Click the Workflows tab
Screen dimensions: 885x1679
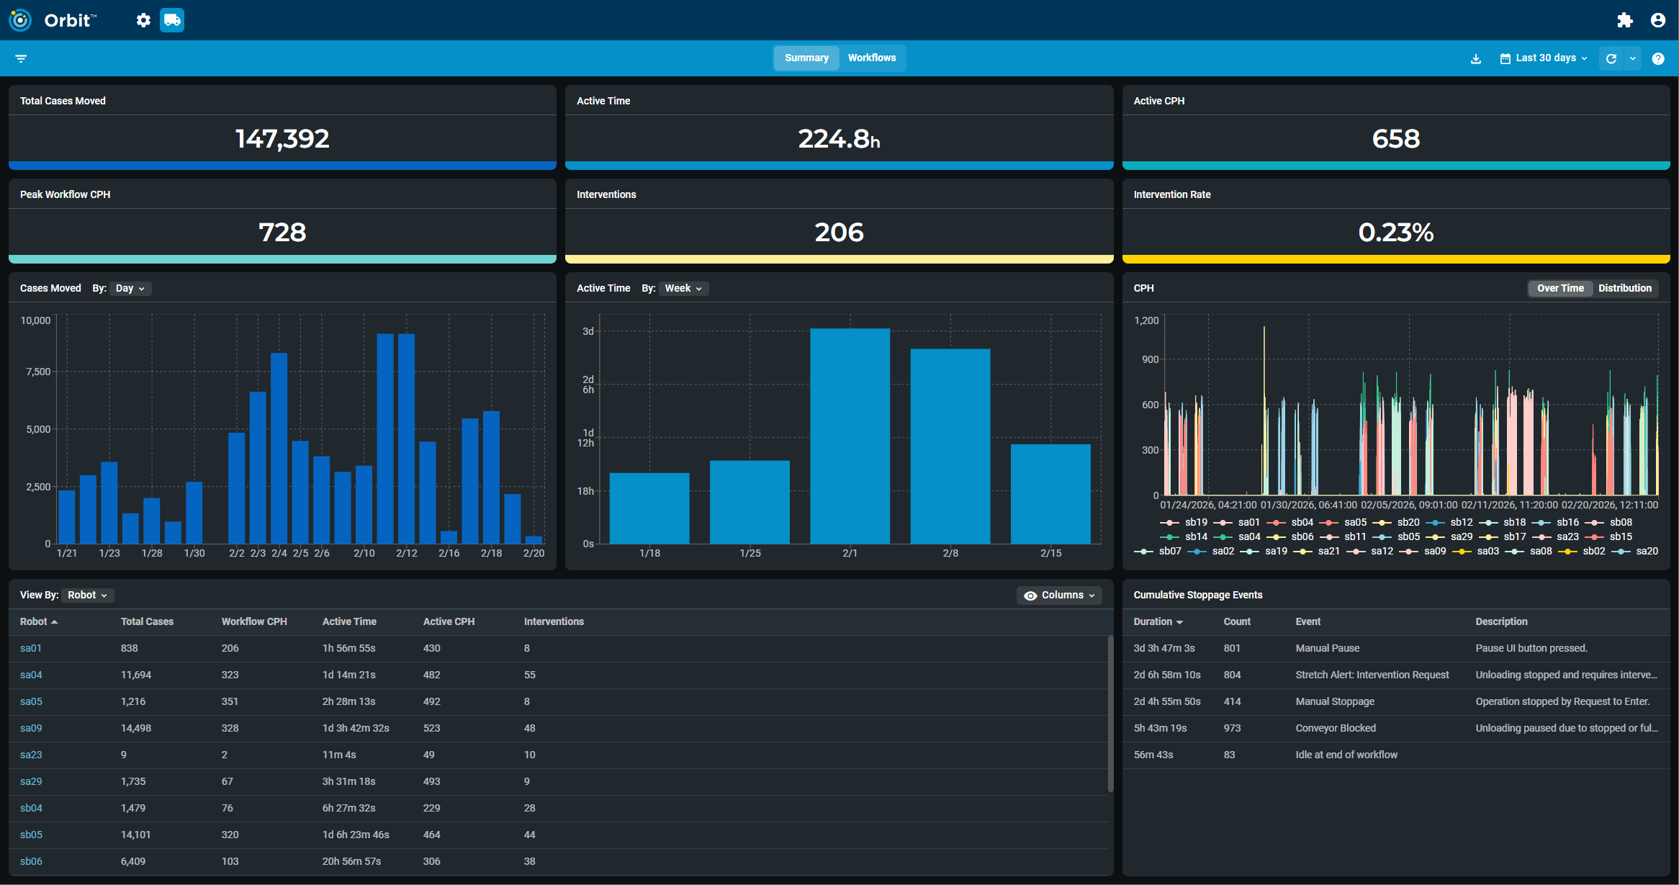click(871, 58)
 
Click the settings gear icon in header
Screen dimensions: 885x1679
click(143, 20)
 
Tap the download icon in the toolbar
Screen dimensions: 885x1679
click(1476, 59)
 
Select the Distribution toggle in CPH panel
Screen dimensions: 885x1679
click(1624, 288)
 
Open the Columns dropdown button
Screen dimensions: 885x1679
click(1059, 595)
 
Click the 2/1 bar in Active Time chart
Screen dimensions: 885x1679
click(850, 436)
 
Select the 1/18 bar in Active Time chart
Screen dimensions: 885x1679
click(649, 508)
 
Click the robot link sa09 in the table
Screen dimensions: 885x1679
click(31, 728)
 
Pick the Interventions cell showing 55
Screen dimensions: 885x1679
click(529, 675)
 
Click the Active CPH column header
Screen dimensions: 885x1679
click(449, 621)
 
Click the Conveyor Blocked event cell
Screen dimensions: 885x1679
click(1335, 728)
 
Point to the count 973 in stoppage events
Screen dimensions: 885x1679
click(1232, 728)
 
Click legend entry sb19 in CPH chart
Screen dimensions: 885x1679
click(1195, 522)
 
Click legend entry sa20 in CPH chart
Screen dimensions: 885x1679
click(1646, 551)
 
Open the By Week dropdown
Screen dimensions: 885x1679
click(683, 288)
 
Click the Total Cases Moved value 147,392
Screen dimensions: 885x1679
click(282, 138)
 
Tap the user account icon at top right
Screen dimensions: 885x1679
click(1657, 20)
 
